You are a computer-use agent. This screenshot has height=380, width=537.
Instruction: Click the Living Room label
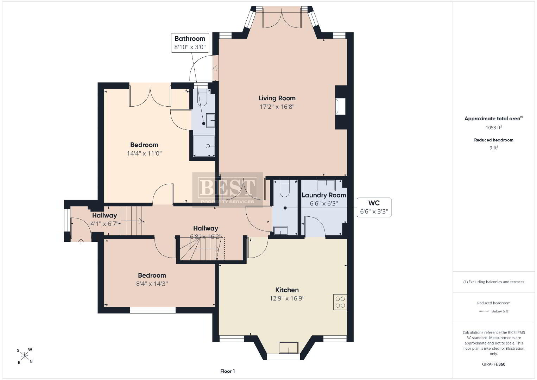[277, 98]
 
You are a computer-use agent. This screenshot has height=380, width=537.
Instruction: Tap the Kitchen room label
[287, 290]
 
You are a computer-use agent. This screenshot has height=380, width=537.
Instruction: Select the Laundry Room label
[324, 195]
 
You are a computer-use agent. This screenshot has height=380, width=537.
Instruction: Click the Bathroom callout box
[190, 43]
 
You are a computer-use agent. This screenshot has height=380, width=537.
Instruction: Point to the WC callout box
[374, 207]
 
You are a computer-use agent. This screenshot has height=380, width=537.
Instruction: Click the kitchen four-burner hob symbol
[340, 302]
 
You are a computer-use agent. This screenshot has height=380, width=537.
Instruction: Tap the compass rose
[24, 356]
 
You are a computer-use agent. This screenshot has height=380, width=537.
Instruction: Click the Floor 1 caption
[228, 371]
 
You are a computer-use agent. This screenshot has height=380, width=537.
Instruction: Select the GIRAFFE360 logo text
[494, 364]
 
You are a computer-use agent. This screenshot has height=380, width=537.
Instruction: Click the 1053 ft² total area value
[494, 127]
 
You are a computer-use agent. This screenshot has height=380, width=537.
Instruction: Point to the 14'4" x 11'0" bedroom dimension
[144, 153]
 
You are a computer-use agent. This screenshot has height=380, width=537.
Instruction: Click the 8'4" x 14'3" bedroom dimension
[152, 284]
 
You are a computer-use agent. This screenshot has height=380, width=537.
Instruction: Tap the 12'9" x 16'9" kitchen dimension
[287, 298]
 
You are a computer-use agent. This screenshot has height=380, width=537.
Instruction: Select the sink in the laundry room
[326, 185]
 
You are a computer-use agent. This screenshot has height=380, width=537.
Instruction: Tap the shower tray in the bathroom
[204, 146]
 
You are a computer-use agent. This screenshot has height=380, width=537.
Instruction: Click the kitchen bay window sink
[289, 347]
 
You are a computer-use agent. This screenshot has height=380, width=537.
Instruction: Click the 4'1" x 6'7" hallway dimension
[105, 224]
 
